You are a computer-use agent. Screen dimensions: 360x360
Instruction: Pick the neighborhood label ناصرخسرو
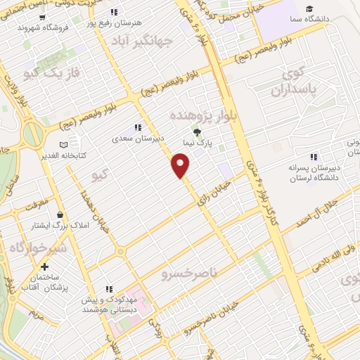click(x=191, y=271)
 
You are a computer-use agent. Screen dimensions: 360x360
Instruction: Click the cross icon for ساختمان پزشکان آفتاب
click(x=45, y=267)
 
